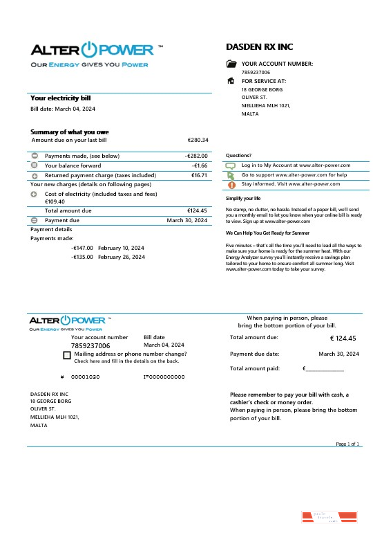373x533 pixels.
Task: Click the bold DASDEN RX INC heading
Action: pyautogui.click(x=260, y=47)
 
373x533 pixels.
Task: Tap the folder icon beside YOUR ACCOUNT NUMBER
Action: pyautogui.click(x=231, y=64)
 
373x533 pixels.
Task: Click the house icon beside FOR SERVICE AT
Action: pyautogui.click(x=231, y=81)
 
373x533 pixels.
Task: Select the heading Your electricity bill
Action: pyautogui.click(x=60, y=98)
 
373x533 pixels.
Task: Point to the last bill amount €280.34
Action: pyautogui.click(x=198, y=140)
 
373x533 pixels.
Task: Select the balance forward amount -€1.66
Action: pyautogui.click(x=200, y=166)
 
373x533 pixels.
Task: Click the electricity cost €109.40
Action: pyautogui.click(x=55, y=201)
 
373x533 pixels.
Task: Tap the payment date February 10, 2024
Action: pyautogui.click(x=121, y=248)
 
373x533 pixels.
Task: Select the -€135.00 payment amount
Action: pyautogui.click(x=82, y=257)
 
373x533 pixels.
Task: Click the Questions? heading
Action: pyautogui.click(x=238, y=156)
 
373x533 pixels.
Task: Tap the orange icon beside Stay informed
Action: pyautogui.click(x=231, y=185)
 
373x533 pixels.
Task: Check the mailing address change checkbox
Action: pyautogui.click(x=66, y=355)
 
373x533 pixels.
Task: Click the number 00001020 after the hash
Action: pyautogui.click(x=86, y=377)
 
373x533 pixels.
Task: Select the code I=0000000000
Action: pyautogui.click(x=164, y=377)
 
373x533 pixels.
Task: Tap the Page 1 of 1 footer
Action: pyautogui.click(x=347, y=444)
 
